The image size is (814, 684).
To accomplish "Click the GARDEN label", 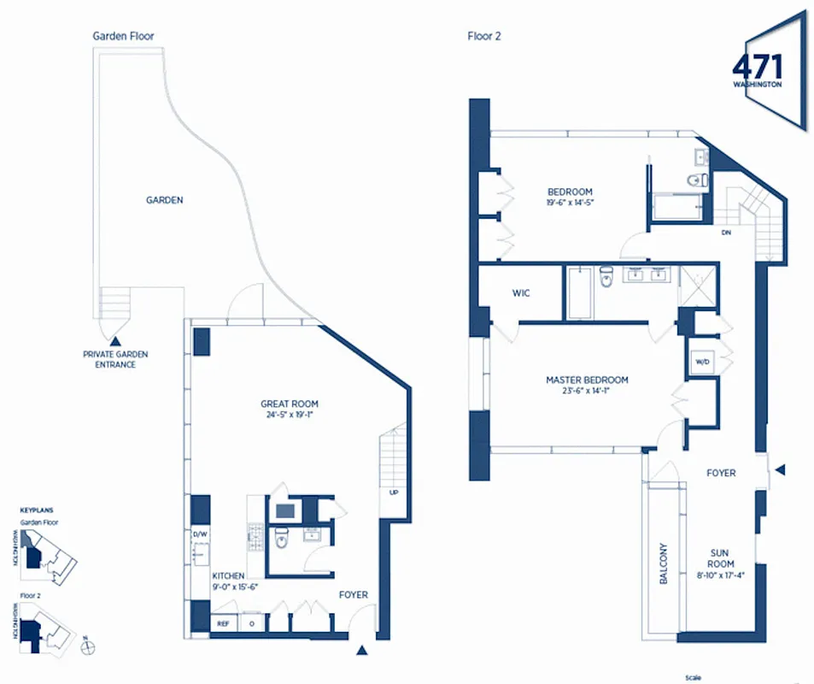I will pos(164,200).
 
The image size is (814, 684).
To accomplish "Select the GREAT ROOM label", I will pos(290,404).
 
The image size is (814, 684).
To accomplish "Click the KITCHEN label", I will pos(228,576).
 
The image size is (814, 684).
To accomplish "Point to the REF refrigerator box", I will pos(224,624).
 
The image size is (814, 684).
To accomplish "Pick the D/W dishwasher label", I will pos(199,534).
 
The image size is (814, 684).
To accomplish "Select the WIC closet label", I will pos(521,293).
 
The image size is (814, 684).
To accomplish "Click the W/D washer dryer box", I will pos(703,362).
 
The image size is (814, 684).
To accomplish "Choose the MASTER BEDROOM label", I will pos(587,380).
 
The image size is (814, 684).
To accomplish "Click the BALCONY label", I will pos(664,564).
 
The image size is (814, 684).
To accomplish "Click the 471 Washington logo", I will pos(757,71).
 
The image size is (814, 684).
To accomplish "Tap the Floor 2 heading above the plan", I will pos(483,36).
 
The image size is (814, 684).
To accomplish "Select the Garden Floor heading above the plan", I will pos(123,36).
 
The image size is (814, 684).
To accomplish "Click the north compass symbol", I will pos(85,647).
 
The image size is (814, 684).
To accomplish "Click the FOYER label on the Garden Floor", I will pos(354,593).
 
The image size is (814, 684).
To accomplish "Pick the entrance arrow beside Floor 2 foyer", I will pos(779,469).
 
